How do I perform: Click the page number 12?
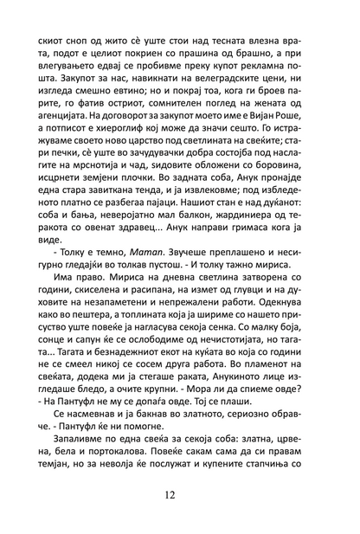179,496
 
